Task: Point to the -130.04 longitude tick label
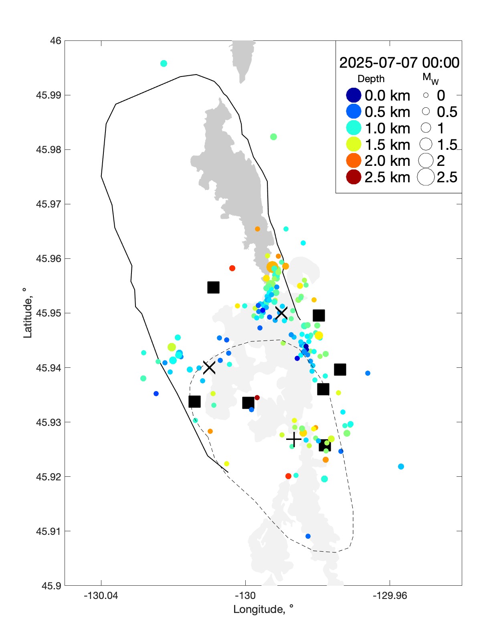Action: (101, 595)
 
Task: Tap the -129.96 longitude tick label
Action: (390, 595)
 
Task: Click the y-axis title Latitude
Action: (27, 313)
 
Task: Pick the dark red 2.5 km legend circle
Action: (354, 177)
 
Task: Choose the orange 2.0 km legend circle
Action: (354, 161)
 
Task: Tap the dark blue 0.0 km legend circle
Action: (354, 95)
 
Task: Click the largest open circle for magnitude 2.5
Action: (426, 177)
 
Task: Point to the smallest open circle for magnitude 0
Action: (426, 95)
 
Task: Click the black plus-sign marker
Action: (294, 439)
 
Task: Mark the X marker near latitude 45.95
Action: (281, 313)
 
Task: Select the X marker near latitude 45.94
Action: (209, 367)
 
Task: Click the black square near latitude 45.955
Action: (213, 287)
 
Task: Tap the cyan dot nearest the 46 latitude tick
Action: (164, 63)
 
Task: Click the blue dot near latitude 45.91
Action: (308, 536)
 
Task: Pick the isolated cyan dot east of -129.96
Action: (401, 466)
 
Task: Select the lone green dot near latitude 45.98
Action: (273, 137)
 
